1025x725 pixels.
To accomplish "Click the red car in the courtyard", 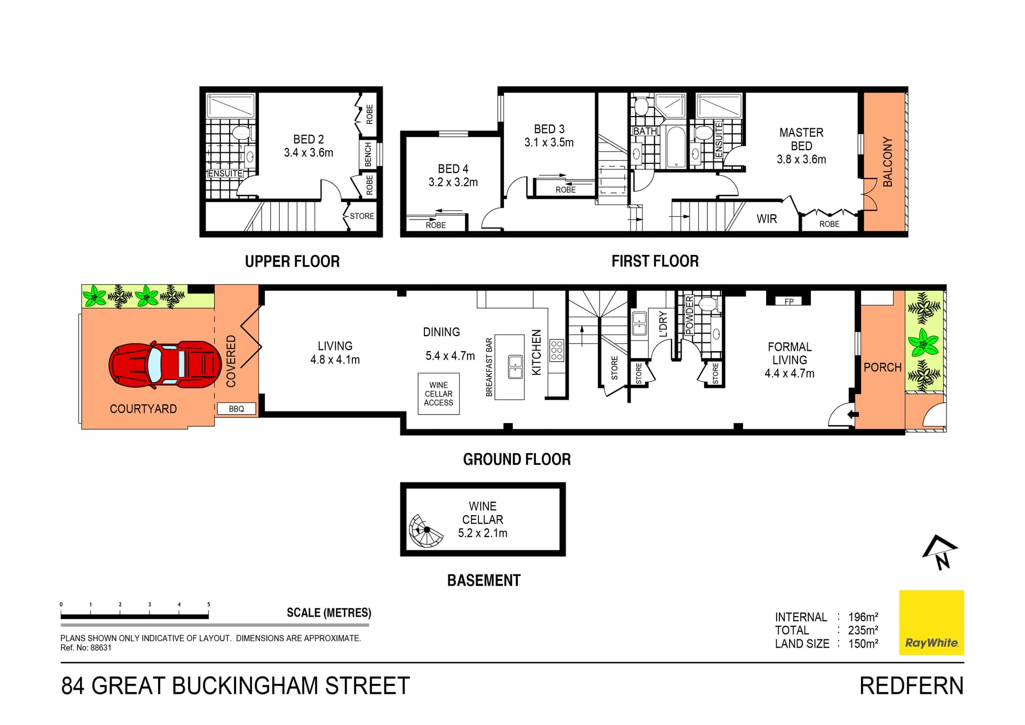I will (x=165, y=364).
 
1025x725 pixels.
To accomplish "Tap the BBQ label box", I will (x=236, y=409).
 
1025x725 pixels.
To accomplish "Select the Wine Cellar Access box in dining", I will (x=438, y=394).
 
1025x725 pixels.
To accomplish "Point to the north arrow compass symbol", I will (x=940, y=552).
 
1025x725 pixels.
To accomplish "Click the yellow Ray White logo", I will (x=932, y=622).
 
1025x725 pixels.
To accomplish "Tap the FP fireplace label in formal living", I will (x=789, y=301).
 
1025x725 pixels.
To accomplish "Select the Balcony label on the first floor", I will (x=887, y=162).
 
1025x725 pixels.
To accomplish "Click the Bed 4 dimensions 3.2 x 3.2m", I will (x=453, y=182).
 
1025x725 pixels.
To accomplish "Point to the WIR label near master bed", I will (x=767, y=219).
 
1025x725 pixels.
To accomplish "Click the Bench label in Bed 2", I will (x=368, y=154).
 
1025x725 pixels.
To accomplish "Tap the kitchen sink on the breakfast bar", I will (x=515, y=367).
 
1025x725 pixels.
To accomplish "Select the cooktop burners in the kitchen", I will (x=557, y=350).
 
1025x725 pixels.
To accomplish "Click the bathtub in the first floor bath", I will (x=676, y=146).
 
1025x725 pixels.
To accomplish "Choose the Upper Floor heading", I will (x=292, y=261).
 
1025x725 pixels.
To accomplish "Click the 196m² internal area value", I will (x=863, y=617).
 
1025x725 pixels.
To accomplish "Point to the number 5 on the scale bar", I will (x=209, y=605).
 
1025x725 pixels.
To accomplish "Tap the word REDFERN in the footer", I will (x=911, y=686).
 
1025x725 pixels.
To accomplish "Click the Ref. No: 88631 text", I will (x=86, y=648).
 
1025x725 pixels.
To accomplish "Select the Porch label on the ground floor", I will (x=882, y=368).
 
